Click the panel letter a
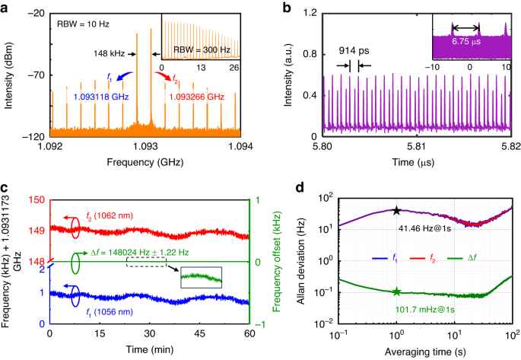(6, 8)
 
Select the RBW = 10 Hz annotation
(84, 24)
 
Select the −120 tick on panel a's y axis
(34, 137)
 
